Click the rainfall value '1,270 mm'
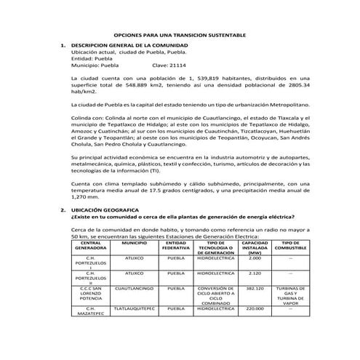point(86,196)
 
